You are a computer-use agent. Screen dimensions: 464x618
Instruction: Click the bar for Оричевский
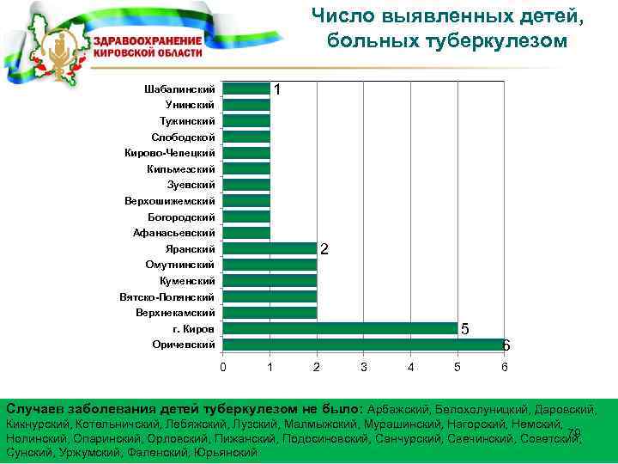pyautogui.click(x=363, y=345)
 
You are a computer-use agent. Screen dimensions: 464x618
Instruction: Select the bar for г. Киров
pyautogui.click(x=340, y=328)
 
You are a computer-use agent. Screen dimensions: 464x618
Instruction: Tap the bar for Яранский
pyautogui.click(x=270, y=248)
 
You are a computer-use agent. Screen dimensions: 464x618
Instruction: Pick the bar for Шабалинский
pyautogui.click(x=246, y=89)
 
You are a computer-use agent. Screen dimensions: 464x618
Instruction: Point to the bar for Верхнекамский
pyautogui.click(x=270, y=313)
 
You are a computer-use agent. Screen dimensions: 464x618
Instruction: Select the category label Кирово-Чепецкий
pyautogui.click(x=169, y=153)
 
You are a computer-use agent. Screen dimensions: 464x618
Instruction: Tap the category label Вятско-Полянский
pyautogui.click(x=167, y=296)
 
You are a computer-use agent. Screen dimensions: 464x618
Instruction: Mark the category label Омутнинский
pyautogui.click(x=180, y=265)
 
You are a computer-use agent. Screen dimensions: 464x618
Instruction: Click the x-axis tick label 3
pyautogui.click(x=364, y=368)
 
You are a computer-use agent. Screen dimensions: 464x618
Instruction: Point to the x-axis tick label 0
pyautogui.click(x=223, y=368)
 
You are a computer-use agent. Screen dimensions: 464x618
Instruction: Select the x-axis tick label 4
pyautogui.click(x=411, y=368)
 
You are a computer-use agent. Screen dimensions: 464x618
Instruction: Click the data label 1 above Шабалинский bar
pyautogui.click(x=277, y=89)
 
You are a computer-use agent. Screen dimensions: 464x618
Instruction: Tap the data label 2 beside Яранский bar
pyautogui.click(x=324, y=249)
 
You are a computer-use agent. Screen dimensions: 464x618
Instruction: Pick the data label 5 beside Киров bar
pyautogui.click(x=464, y=329)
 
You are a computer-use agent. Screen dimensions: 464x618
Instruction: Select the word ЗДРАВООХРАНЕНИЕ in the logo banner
pyautogui.click(x=147, y=40)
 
